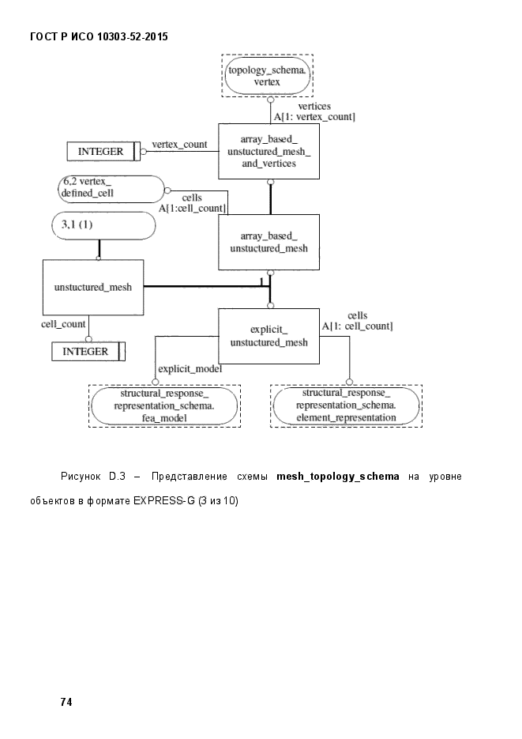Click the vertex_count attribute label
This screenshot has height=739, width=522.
179,144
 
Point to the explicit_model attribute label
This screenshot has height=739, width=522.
190,368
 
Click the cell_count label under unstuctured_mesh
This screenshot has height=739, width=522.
63,324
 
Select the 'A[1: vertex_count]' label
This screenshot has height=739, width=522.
314,117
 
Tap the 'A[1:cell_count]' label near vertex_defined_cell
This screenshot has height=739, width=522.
192,209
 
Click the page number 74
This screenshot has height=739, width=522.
66,702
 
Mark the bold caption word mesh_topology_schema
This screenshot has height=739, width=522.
338,477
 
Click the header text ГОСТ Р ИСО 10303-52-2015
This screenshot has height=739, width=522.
99,37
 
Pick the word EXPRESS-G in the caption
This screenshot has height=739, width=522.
163,500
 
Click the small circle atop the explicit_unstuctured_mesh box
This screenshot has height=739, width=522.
270,306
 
